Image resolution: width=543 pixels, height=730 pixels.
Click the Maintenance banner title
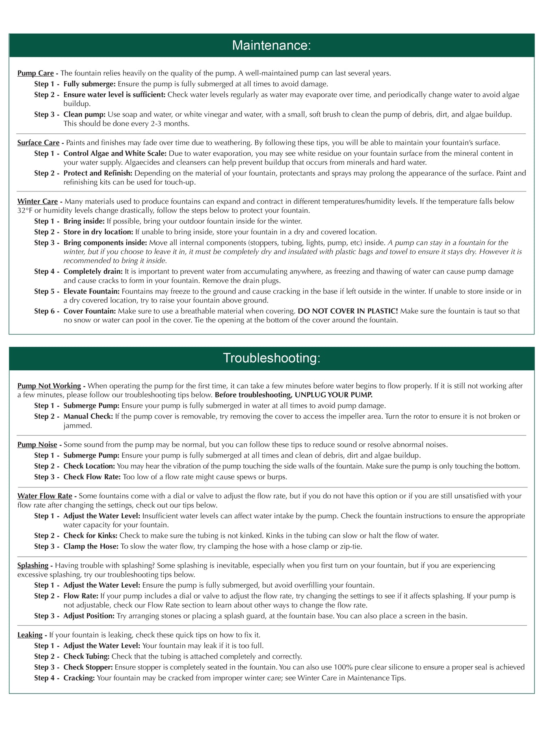271,45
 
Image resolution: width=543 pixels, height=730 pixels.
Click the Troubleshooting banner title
271,358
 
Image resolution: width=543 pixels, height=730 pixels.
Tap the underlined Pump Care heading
35,73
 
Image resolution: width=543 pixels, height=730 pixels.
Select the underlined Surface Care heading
38,143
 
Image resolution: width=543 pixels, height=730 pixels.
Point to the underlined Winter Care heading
37,202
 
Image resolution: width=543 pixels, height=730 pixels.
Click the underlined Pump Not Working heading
49,386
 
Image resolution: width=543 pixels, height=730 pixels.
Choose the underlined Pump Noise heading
37,445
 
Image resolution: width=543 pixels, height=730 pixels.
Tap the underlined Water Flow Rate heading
45,496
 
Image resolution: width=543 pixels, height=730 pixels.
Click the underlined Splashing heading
32,566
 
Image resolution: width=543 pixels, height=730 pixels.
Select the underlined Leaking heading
30,635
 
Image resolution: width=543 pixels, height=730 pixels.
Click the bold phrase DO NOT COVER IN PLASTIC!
348,311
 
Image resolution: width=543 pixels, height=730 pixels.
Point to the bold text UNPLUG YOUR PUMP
333,395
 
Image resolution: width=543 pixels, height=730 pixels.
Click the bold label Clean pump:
84,114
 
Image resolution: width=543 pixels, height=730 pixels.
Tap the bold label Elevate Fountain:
91,291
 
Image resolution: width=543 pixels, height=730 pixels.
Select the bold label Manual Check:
88,417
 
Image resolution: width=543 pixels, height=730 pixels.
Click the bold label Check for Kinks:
90,536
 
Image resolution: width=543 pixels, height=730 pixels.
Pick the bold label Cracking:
79,678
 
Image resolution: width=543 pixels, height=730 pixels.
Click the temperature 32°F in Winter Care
25,211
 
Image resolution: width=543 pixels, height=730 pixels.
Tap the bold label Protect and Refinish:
98,173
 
